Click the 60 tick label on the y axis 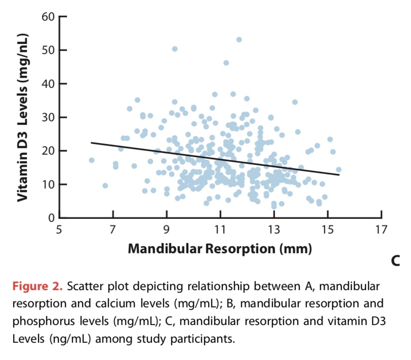coord(48,16)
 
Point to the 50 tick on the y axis coord(48,50)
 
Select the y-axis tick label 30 coord(48,117)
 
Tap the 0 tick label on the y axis coord(51,217)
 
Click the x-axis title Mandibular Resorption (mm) coord(220,248)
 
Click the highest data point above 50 coord(239,39)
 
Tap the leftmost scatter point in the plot coord(92,160)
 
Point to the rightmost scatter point coord(339,170)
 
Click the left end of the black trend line coord(91,143)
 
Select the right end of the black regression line coord(339,175)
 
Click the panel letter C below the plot coord(395,261)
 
